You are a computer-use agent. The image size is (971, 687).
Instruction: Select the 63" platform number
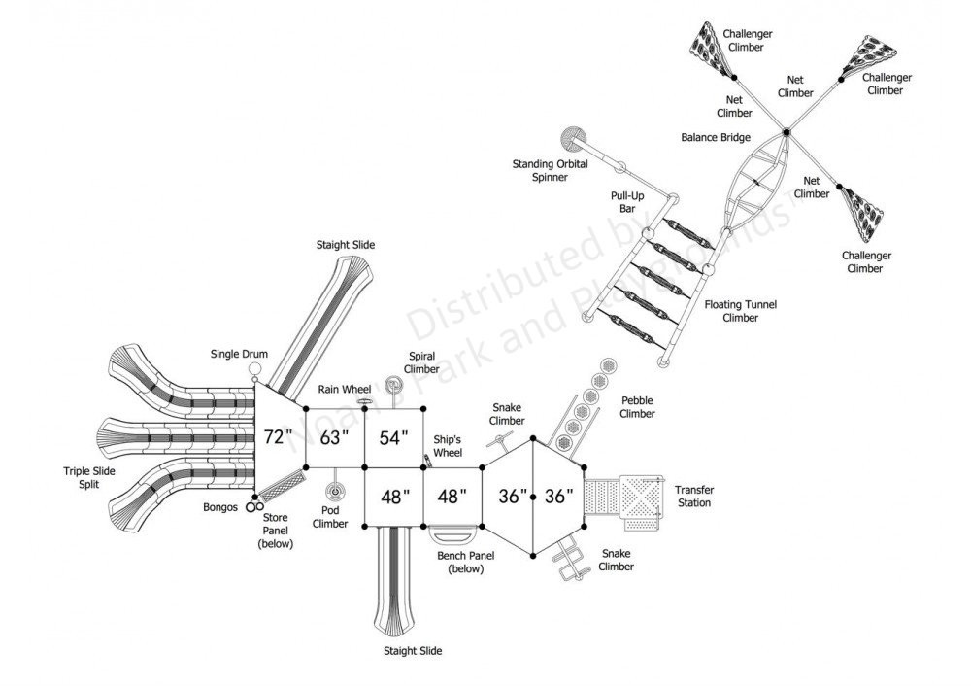pyautogui.click(x=334, y=437)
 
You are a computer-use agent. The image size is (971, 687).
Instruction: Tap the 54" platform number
pyautogui.click(x=393, y=437)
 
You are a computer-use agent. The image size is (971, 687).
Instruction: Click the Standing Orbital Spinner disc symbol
pyautogui.click(x=574, y=138)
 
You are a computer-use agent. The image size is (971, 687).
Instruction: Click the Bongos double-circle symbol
pyautogui.click(x=253, y=505)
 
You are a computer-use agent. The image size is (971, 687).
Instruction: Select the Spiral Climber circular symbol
pyautogui.click(x=395, y=384)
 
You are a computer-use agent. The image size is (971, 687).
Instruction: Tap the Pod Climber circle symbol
pyautogui.click(x=336, y=490)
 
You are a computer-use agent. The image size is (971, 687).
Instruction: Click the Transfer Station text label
pyautogui.click(x=693, y=496)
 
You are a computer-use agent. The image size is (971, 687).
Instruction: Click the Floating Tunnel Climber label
pyautogui.click(x=741, y=310)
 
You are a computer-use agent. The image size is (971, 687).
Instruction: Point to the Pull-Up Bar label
pyautogui.click(x=621, y=201)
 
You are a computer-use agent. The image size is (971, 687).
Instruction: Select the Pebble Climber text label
pyautogui.click(x=637, y=407)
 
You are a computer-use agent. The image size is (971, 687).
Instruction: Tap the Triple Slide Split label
pyautogui.click(x=89, y=477)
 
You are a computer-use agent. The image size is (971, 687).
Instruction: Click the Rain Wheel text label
pyautogui.click(x=345, y=390)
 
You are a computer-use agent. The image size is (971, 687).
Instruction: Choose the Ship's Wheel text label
pyautogui.click(x=449, y=446)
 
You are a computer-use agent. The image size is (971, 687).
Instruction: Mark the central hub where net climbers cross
pyautogui.click(x=785, y=130)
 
